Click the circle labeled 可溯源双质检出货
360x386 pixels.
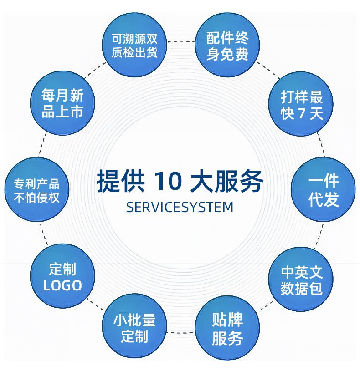135,46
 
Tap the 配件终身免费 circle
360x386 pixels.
227,46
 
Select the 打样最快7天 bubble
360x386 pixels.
301,104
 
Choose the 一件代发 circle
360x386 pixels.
323,190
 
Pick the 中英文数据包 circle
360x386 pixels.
301,280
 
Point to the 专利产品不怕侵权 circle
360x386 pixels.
36,190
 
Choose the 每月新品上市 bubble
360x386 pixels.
62,104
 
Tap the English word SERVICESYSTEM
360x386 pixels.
180,207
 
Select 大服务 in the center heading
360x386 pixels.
228,181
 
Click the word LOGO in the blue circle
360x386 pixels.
62,285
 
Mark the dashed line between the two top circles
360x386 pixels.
181,41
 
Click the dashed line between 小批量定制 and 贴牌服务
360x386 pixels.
181,333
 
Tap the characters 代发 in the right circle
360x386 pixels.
323,199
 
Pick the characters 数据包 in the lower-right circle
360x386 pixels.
301,289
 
